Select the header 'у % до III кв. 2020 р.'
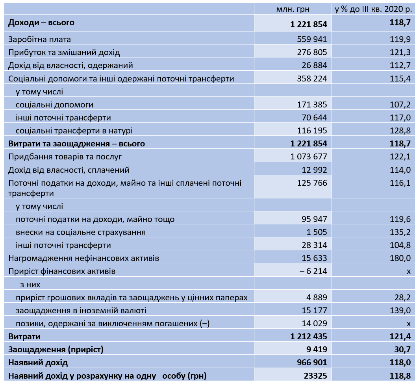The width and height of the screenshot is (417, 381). pos(373,9)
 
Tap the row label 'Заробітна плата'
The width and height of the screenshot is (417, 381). pos(39,39)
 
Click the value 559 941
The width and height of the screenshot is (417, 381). pos(312,39)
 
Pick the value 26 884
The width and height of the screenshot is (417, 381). pos(314,65)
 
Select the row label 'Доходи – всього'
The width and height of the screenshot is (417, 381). pos(41,22)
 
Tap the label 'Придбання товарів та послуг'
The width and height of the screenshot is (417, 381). pos(65,157)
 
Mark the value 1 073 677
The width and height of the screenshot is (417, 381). pos(309,157)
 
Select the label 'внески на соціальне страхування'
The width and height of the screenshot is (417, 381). pos(80,232)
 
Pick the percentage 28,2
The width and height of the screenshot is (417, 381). pos(403,297)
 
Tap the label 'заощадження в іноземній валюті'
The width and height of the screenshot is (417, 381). pos(81,310)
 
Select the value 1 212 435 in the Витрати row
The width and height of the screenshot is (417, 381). pos(309,337)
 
